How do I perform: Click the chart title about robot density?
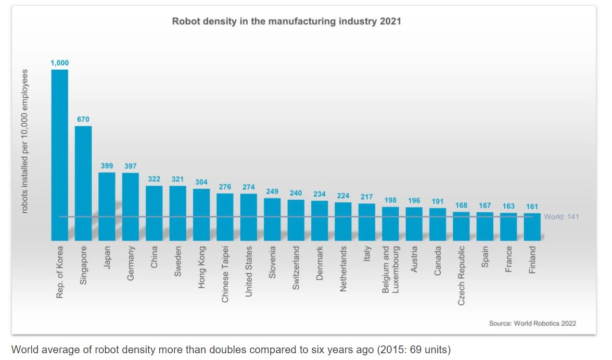click(x=287, y=22)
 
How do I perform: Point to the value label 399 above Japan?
click(x=107, y=166)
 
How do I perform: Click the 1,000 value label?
click(x=59, y=63)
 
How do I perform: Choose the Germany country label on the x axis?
click(x=131, y=264)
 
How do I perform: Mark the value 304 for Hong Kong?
click(x=201, y=182)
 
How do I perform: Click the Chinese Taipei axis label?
click(x=225, y=274)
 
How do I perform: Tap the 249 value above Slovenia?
click(x=272, y=191)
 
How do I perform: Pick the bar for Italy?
click(x=367, y=222)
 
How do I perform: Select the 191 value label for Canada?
click(x=438, y=201)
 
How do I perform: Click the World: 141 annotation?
click(x=561, y=217)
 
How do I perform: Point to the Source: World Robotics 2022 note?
click(x=532, y=323)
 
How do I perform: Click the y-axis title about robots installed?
click(x=24, y=141)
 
